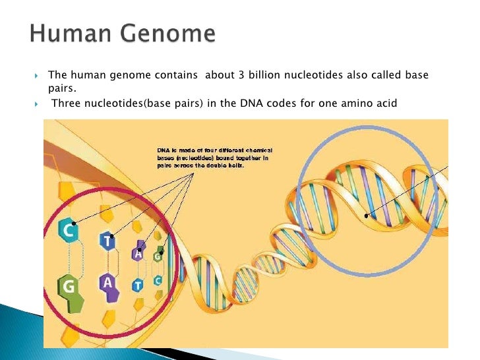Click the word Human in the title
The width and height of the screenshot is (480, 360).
pyautogui.click(x=65, y=33)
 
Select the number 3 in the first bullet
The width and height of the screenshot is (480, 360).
pyautogui.click(x=234, y=76)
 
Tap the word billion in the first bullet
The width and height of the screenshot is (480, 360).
pyautogui.click(x=258, y=76)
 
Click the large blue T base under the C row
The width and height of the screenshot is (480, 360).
pyautogui.click(x=107, y=241)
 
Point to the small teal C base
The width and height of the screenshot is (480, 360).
pyautogui.click(x=158, y=281)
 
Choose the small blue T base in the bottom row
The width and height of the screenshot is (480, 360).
pyautogui.click(x=137, y=285)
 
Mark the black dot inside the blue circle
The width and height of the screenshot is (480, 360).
pyautogui.click(x=367, y=215)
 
